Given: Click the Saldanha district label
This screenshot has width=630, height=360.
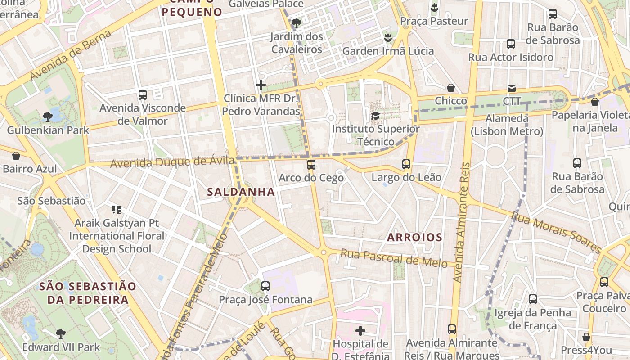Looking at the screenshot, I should click(x=241, y=192).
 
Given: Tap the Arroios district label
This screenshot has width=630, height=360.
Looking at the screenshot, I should click(x=415, y=237).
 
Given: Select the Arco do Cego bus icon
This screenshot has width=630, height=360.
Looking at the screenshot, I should click(x=311, y=164).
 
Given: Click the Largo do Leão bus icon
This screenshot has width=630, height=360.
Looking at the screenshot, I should click(x=406, y=164).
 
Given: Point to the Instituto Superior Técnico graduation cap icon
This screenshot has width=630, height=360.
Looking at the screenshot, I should click(x=375, y=116).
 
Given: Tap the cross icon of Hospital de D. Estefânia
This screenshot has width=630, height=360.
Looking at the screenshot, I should click(x=360, y=331).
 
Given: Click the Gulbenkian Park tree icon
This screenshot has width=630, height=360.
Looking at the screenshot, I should click(x=47, y=117).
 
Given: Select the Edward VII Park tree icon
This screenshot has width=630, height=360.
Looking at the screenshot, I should click(x=60, y=333).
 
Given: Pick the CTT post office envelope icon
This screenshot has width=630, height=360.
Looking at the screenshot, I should click(x=512, y=88).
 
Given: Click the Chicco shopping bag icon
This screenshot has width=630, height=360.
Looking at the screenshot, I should click(x=451, y=88).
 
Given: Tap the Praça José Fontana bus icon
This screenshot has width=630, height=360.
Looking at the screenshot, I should click(x=265, y=286).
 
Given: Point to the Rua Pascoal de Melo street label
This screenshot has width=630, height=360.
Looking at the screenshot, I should click(x=394, y=258).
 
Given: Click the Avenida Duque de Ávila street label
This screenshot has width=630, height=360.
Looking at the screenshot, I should click(x=172, y=162).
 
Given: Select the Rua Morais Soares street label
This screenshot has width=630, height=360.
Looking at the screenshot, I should click(x=556, y=233).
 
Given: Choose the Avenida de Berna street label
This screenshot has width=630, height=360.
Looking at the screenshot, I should click(x=71, y=56).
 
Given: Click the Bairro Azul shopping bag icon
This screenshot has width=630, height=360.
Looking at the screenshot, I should click(x=16, y=156).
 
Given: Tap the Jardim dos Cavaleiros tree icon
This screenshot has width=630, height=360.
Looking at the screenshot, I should click(x=296, y=23).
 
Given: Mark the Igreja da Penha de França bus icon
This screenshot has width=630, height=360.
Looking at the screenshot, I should click(x=533, y=299).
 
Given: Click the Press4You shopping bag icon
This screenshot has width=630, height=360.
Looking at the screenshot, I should click(x=586, y=337).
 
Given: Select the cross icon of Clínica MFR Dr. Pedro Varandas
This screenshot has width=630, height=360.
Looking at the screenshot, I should click(x=261, y=85).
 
